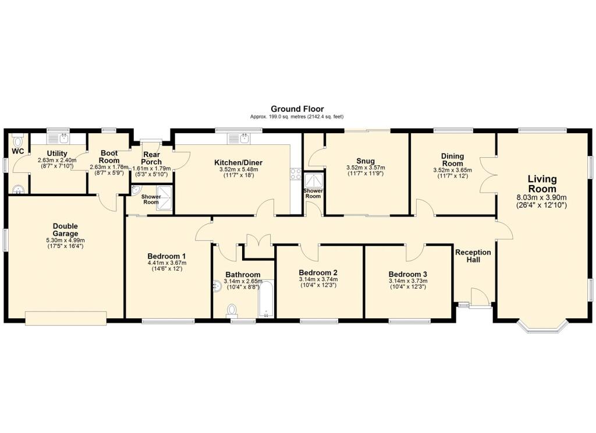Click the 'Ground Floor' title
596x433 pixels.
(x=297, y=109)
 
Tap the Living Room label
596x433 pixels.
(x=542, y=184)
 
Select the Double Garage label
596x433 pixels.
(x=65, y=230)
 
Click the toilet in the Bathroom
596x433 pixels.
(x=233, y=310)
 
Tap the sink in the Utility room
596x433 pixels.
(x=63, y=139)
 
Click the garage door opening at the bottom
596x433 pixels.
(x=65, y=317)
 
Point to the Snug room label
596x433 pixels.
(x=366, y=161)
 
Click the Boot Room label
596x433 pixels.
(x=109, y=157)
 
